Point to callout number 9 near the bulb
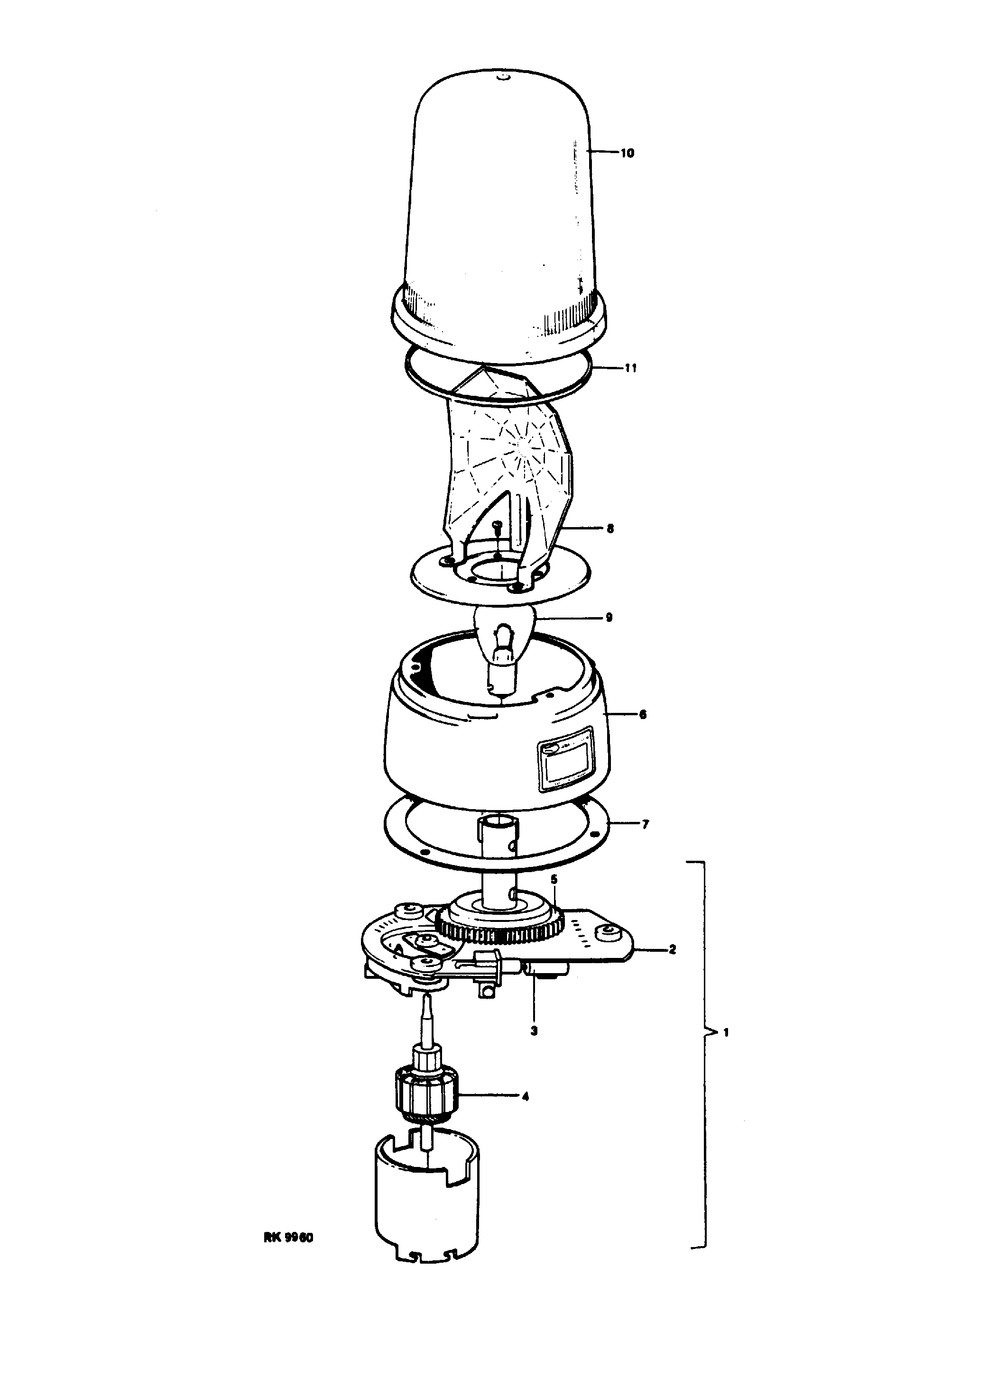(609, 618)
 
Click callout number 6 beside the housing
(642, 715)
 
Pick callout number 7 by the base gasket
(645, 825)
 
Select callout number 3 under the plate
(534, 1031)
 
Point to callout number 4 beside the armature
(525, 1096)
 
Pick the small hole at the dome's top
(502, 77)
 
